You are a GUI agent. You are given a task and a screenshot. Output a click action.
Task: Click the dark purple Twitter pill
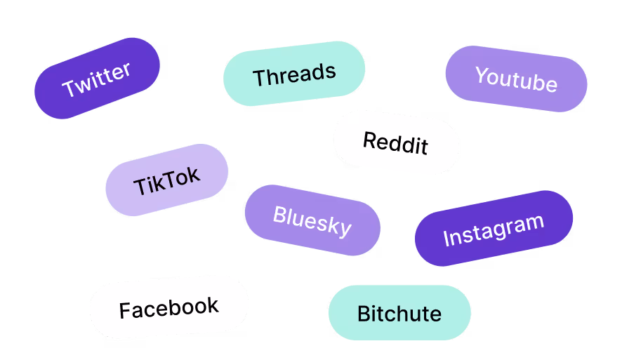point(97,78)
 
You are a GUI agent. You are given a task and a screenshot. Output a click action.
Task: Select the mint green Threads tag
point(294,74)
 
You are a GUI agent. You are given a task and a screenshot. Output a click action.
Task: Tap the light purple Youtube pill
point(516,79)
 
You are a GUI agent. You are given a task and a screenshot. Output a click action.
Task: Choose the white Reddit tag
point(396,142)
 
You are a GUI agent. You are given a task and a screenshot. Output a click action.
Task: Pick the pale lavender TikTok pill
point(166,180)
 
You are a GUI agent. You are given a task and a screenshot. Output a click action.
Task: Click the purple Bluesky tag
point(312,220)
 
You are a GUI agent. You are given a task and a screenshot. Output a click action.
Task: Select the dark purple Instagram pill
point(494,228)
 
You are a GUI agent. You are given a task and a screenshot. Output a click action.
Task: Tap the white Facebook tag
point(168,307)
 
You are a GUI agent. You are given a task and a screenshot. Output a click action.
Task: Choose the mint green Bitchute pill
point(399,313)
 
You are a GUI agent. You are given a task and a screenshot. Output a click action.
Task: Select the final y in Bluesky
point(344,229)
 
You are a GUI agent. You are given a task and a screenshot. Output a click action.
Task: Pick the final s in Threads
point(330,71)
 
